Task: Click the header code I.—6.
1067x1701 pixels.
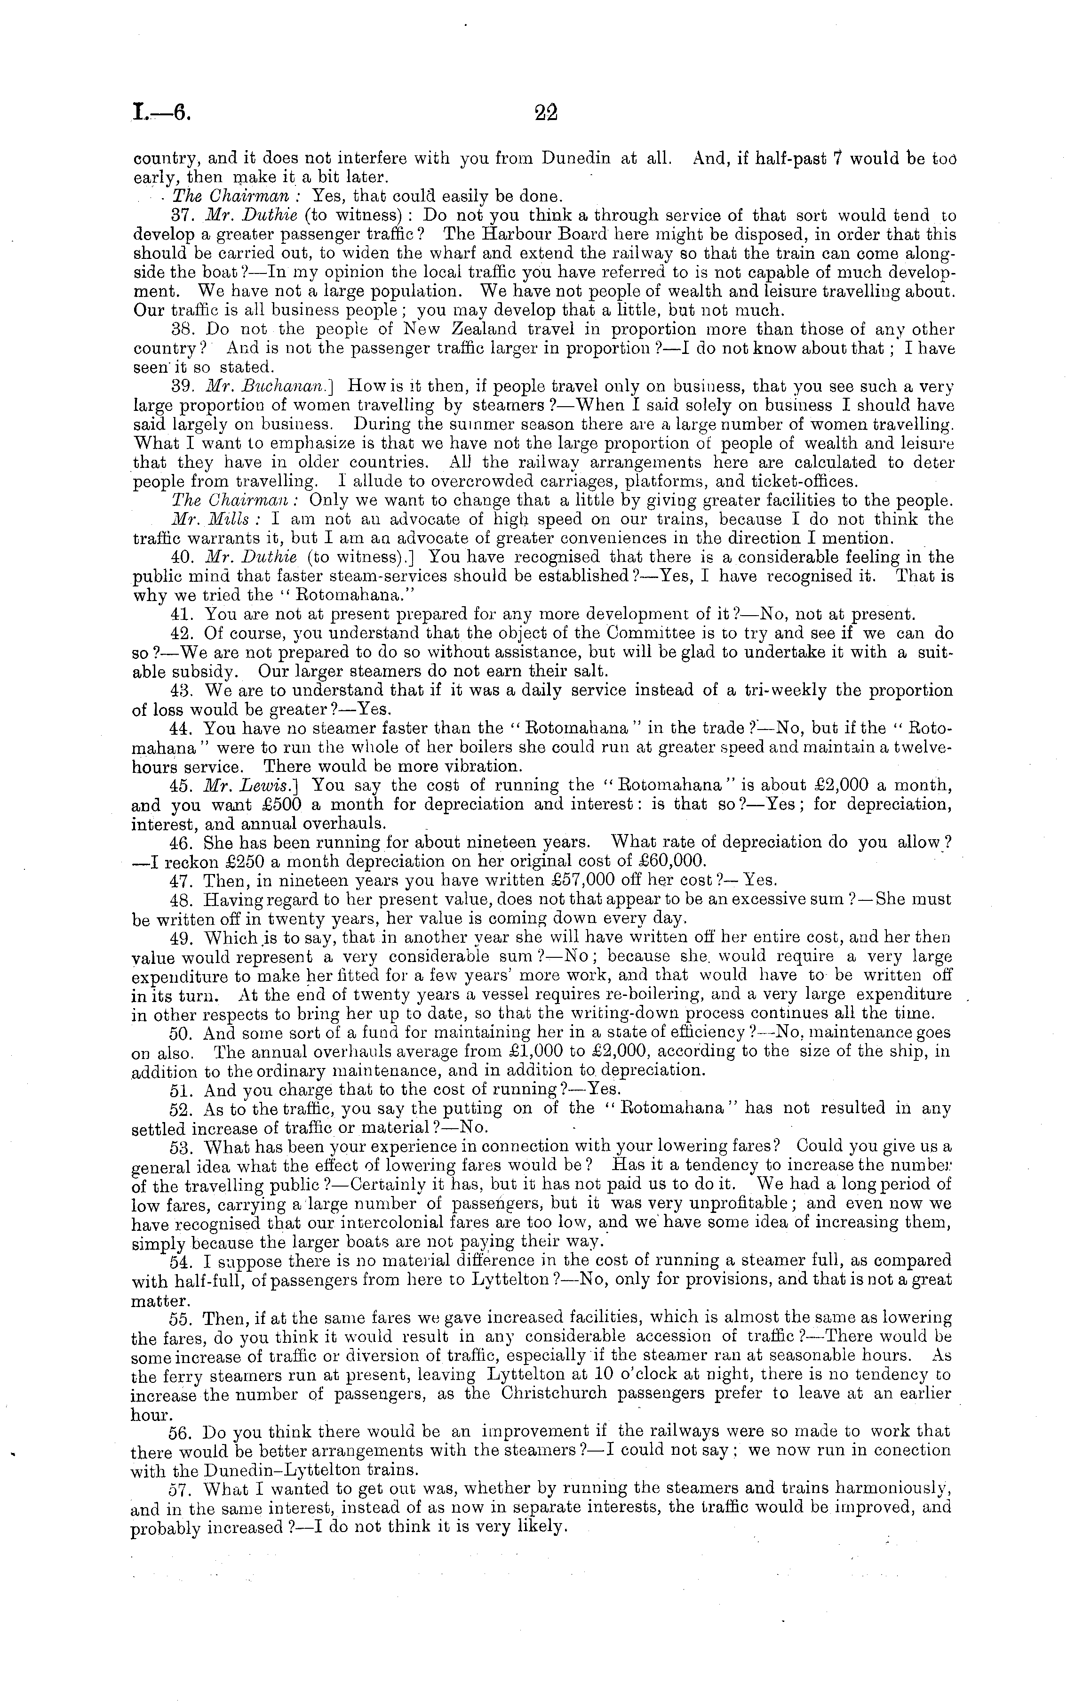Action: pyautogui.click(x=162, y=113)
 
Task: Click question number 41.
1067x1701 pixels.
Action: pyautogui.click(x=182, y=614)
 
